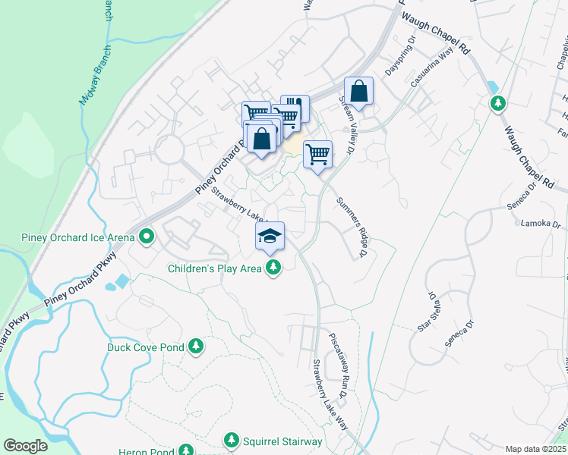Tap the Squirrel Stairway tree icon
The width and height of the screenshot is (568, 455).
pyautogui.click(x=232, y=441)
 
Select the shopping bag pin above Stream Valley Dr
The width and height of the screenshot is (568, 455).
pyautogui.click(x=359, y=92)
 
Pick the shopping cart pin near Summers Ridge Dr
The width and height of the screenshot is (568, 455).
pyautogui.click(x=318, y=155)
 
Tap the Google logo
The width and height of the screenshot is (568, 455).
pyautogui.click(x=25, y=446)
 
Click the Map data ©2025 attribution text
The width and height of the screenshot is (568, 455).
pyautogui.click(x=535, y=449)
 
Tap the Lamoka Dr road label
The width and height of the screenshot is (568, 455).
pyautogui.click(x=540, y=224)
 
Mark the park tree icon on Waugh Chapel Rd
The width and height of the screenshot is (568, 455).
pyautogui.click(x=498, y=102)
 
